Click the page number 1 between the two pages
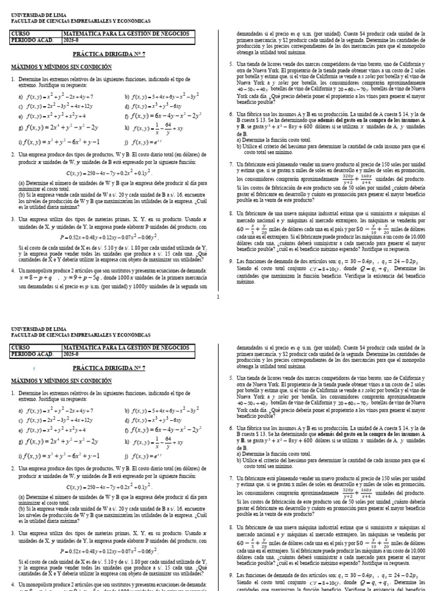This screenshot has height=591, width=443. (217, 297)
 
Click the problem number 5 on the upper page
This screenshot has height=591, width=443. (231, 63)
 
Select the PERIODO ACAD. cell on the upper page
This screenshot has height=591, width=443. (32, 40)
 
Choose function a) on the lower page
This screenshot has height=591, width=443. (55, 411)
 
